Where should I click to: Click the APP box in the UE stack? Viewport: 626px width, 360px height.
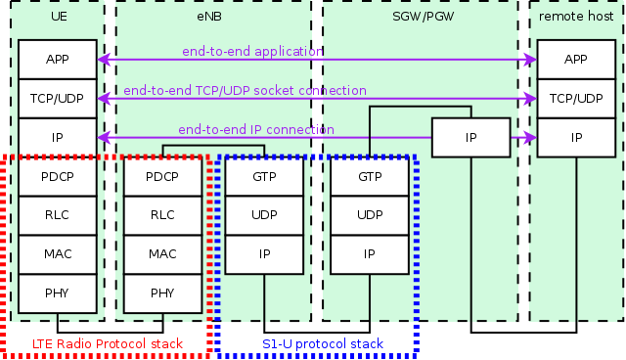pos(57,60)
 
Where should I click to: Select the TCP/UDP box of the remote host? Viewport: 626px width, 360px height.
pos(575,99)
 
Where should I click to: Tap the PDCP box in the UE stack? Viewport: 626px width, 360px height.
pos(57,177)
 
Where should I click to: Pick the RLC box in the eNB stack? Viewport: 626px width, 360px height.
pos(162,215)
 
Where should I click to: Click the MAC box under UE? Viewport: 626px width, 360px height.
pos(57,254)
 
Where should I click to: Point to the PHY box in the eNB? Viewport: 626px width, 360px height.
pos(162,292)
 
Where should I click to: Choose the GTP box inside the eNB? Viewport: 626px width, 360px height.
pos(264,177)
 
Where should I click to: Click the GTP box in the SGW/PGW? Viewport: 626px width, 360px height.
pos(370,177)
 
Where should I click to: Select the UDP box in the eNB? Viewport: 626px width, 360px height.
pos(264,215)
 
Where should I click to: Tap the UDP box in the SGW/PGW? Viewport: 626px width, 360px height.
pos(370,215)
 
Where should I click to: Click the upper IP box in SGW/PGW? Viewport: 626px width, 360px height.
pos(470,138)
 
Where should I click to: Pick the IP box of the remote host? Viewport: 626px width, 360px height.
pos(575,138)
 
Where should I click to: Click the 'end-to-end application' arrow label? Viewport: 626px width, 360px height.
pos(252,51)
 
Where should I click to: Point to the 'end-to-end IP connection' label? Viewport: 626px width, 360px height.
pos(256,129)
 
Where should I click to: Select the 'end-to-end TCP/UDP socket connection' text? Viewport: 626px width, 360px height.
pos(246,90)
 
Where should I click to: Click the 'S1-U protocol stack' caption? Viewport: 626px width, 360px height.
pos(323,344)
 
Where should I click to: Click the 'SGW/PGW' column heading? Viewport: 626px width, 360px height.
pos(420,17)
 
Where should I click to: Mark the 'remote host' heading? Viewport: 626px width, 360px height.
pos(575,17)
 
